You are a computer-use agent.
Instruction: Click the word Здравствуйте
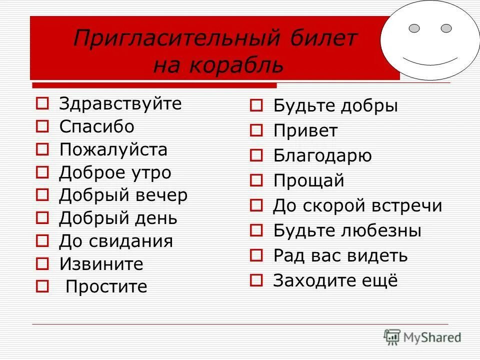click(120, 104)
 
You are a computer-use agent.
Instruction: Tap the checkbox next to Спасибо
click(42, 126)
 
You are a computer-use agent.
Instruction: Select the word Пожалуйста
click(113, 149)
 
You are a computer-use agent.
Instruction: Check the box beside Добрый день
click(42, 218)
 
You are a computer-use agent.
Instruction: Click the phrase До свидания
click(116, 241)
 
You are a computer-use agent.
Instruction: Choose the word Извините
click(101, 264)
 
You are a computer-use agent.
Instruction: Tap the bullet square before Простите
click(42, 287)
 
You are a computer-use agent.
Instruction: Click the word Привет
click(305, 131)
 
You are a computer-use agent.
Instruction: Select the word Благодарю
click(322, 156)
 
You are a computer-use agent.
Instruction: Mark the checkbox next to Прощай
click(256, 180)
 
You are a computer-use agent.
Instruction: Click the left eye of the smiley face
click(414, 28)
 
